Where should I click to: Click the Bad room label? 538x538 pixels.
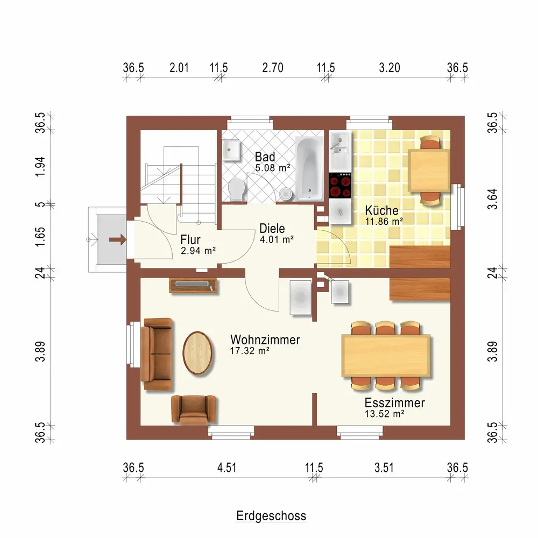click(x=265, y=157)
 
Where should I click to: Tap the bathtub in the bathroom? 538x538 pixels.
click(x=309, y=168)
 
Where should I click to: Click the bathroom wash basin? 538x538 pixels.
click(x=231, y=150)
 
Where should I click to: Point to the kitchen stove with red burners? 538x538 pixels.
click(x=340, y=186)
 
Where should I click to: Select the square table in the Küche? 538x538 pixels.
click(x=429, y=171)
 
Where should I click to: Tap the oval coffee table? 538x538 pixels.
click(x=197, y=353)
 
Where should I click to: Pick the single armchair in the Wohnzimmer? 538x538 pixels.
click(x=194, y=409)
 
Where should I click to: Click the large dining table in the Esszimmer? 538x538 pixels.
click(x=386, y=356)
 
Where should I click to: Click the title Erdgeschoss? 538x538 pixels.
click(x=271, y=516)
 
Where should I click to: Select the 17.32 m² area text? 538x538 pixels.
click(x=250, y=351)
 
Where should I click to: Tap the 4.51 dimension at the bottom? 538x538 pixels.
click(x=227, y=468)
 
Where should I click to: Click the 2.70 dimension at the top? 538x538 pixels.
click(x=273, y=68)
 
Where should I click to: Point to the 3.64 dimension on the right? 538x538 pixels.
click(x=492, y=199)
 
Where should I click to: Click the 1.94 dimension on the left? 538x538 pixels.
click(x=40, y=167)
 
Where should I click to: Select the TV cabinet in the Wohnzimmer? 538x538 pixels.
click(x=193, y=286)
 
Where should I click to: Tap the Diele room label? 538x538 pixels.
click(x=272, y=229)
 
